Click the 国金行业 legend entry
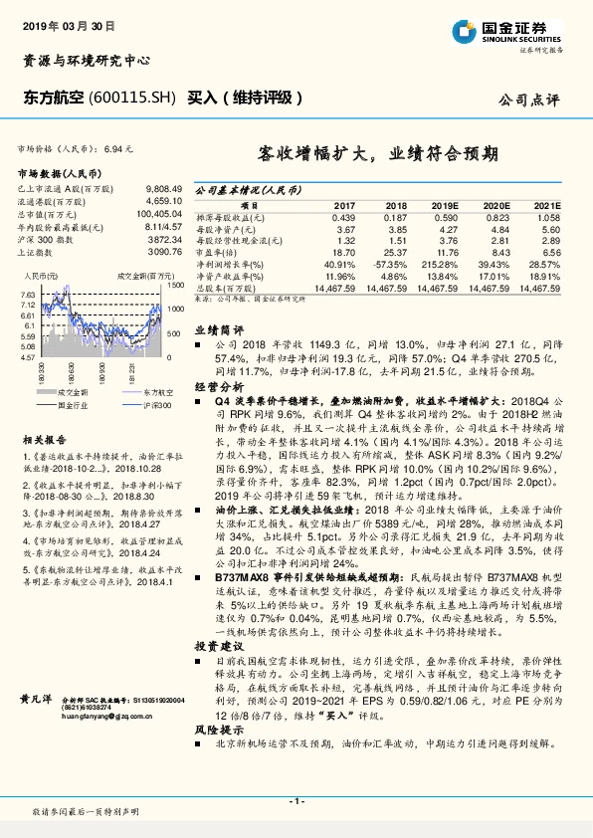tap(70, 406)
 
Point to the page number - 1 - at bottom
tap(296, 800)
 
